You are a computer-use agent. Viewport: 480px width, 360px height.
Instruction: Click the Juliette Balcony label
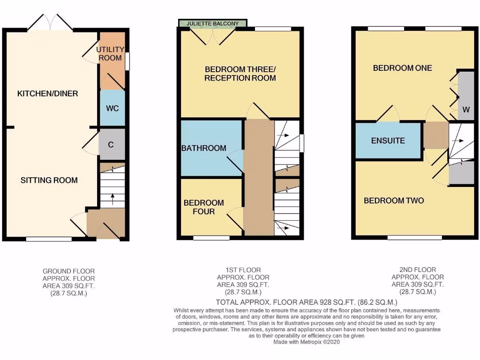[213, 23]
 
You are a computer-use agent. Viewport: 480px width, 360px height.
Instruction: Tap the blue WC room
[112, 108]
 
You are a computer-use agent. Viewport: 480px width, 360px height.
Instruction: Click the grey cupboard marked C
[111, 144]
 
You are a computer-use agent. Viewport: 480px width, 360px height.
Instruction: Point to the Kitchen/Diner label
[47, 94]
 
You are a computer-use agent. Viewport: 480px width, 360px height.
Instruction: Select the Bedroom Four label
[203, 207]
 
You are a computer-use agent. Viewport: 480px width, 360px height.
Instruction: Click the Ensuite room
[388, 141]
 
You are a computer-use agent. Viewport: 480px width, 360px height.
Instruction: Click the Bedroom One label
[402, 68]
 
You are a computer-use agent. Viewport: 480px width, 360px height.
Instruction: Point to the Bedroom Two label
[394, 201]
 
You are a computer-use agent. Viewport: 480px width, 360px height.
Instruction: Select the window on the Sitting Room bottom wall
[49, 239]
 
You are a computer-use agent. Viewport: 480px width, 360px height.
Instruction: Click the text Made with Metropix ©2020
[307, 342]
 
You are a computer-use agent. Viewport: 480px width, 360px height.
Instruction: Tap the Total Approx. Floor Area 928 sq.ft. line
[307, 302]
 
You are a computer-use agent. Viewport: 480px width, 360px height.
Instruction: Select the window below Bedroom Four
[211, 238]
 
